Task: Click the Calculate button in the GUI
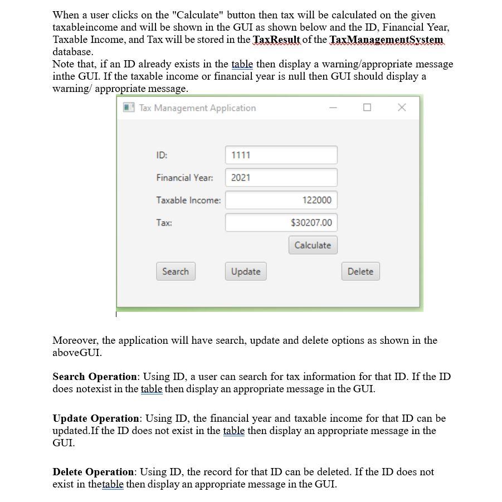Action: click(313, 245)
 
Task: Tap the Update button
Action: click(246, 271)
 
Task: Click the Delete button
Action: click(360, 271)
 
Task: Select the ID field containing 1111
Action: click(281, 155)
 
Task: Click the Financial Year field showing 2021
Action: click(281, 178)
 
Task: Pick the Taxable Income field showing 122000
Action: click(281, 200)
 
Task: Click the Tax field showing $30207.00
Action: click(281, 223)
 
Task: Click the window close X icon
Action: click(402, 108)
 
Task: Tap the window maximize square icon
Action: click(367, 108)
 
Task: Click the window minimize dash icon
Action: click(333, 108)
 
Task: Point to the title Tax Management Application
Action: click(197, 108)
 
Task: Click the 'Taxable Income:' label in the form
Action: click(188, 200)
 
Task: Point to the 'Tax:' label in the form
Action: click(164, 223)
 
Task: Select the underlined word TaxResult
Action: click(276, 40)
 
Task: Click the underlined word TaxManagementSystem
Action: click(386, 40)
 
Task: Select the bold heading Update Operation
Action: click(96, 418)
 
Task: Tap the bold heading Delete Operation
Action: click(94, 472)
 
